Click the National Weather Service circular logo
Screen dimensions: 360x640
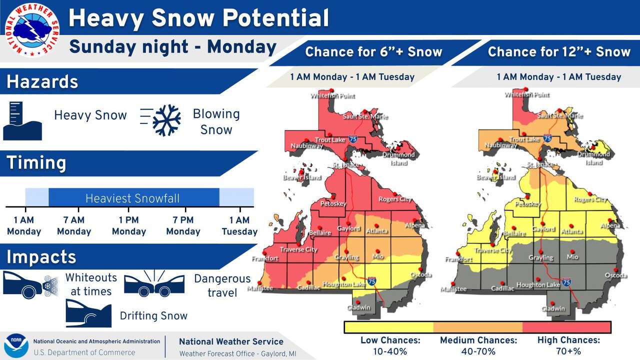coord(31,30)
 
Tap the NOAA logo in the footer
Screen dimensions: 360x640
coord(16,346)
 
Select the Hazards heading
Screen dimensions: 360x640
coord(42,82)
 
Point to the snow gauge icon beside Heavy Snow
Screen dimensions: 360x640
coord(22,120)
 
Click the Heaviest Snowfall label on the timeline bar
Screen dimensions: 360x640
coord(132,198)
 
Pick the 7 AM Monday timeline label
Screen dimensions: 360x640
coord(74,225)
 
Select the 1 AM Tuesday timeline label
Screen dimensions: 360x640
coord(239,225)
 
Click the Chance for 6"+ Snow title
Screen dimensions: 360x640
coord(373,52)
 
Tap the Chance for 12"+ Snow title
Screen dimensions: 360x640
coord(559,52)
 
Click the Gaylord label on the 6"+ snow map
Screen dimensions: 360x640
coord(348,229)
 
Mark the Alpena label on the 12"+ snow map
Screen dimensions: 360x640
coord(610,226)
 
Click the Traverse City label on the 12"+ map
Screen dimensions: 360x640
coord(492,250)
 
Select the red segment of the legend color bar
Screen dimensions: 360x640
coord(566,327)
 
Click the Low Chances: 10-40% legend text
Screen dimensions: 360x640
coord(390,345)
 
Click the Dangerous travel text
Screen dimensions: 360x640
coord(222,285)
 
